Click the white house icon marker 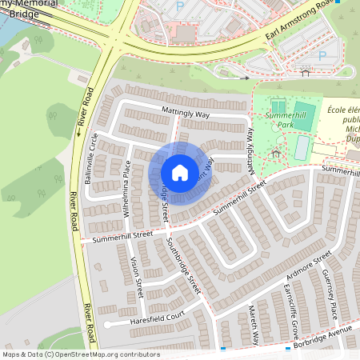[180, 173]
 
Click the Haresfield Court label [157, 319]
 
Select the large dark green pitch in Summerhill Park [304, 112]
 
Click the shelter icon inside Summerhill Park [276, 151]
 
